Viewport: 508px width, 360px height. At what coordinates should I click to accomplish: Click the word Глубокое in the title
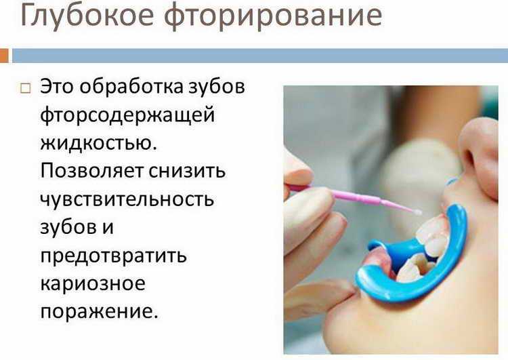[x=87, y=16]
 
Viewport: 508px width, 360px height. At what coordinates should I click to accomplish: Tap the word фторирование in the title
[x=273, y=16]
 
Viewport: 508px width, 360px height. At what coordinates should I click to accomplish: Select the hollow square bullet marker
[x=26, y=88]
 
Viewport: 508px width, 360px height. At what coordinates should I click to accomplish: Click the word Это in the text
[x=57, y=87]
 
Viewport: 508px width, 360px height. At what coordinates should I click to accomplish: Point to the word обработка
[x=131, y=86]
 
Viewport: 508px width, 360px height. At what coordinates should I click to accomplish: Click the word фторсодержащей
[x=127, y=116]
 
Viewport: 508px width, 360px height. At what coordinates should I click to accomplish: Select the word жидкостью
[x=98, y=142]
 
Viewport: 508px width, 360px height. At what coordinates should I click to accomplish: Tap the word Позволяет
[x=91, y=171]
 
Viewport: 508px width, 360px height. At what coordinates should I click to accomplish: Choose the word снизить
[x=187, y=171]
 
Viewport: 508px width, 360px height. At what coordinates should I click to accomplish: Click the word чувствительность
[x=127, y=199]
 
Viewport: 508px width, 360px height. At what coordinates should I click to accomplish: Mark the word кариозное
[x=93, y=284]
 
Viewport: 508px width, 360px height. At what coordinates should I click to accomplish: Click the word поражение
[x=99, y=312]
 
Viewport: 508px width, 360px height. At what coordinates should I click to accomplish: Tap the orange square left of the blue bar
[x=4, y=56]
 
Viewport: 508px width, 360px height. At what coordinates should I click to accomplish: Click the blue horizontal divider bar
[x=260, y=56]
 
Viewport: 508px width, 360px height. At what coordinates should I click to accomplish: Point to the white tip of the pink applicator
[x=417, y=212]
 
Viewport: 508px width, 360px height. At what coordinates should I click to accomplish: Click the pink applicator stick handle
[x=350, y=196]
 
